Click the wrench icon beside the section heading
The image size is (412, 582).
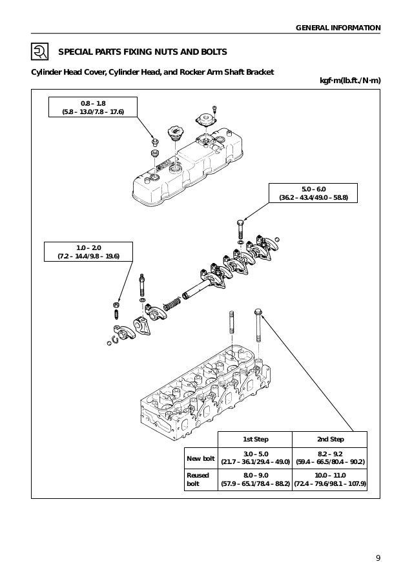click(x=39, y=52)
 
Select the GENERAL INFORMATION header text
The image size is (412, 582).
click(x=338, y=27)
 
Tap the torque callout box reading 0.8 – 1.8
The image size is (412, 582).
click(x=94, y=107)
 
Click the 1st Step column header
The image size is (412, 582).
click(x=256, y=439)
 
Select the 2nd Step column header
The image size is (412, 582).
click(x=330, y=439)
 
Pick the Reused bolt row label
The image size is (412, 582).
click(x=198, y=479)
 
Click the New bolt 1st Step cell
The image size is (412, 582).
click(x=256, y=458)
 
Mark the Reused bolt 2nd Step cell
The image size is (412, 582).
click(x=330, y=479)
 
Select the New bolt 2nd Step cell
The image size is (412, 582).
click(x=330, y=458)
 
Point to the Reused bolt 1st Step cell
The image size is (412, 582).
click(x=256, y=479)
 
